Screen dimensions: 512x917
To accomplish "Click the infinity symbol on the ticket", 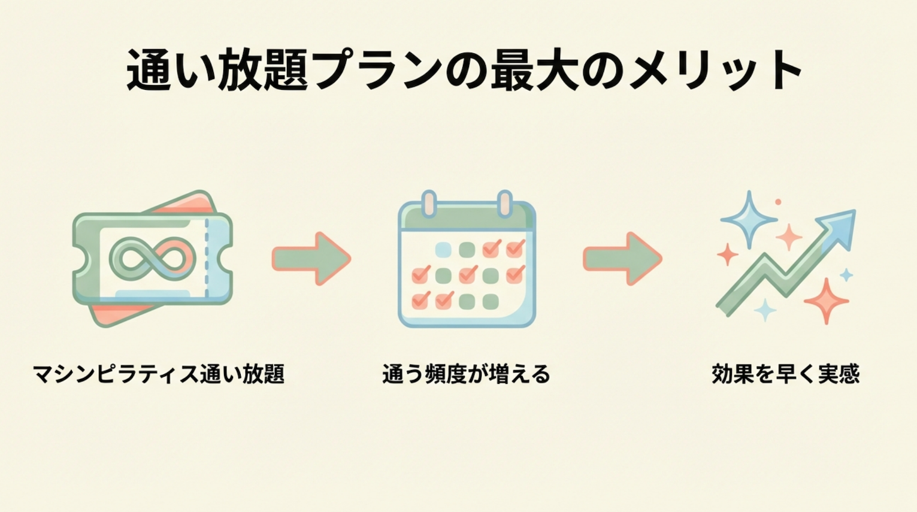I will pos(153,259).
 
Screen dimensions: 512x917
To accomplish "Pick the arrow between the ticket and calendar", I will pos(311,259).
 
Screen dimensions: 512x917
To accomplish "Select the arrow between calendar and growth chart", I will pos(623,259).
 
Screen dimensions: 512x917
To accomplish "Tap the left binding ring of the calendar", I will pos(428,204).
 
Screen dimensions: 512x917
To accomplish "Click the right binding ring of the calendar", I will pos(505,204).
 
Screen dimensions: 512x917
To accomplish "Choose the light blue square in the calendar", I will pos(443,249).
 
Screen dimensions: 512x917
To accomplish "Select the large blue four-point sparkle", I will pos(748,219).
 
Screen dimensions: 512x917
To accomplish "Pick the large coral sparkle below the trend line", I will pos(826,300).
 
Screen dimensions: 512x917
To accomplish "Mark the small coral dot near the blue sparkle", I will pos(778,202).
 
